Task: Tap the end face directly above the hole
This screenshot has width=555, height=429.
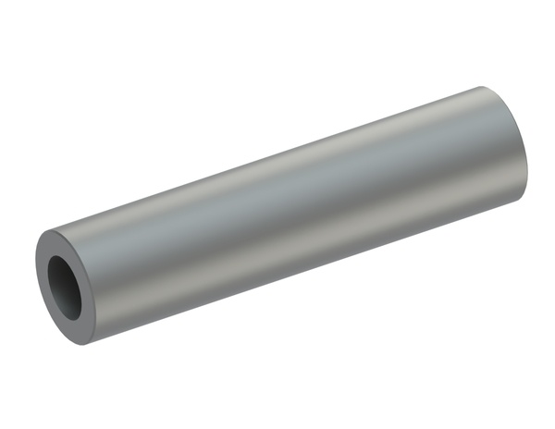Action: tap(67, 239)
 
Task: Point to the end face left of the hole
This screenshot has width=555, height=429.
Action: tap(43, 277)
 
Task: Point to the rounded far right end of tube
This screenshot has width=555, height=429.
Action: tap(526, 148)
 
